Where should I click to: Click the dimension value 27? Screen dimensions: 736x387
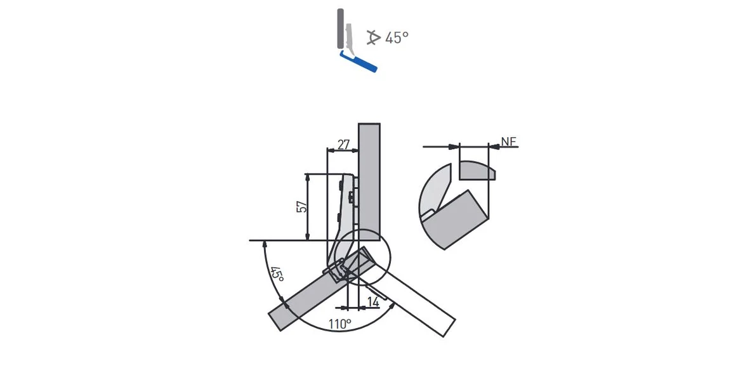344,144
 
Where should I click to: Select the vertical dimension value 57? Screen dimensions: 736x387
303,206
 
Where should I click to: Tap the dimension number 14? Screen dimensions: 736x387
373,301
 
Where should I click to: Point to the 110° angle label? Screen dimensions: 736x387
340,324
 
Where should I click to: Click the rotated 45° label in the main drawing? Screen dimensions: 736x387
277,274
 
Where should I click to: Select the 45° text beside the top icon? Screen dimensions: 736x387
397,37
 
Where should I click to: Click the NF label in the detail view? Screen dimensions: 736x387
508,141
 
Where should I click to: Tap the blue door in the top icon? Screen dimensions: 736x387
358,62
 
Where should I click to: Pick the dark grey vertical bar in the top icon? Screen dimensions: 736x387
340,28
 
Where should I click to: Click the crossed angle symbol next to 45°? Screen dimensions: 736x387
373,37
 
